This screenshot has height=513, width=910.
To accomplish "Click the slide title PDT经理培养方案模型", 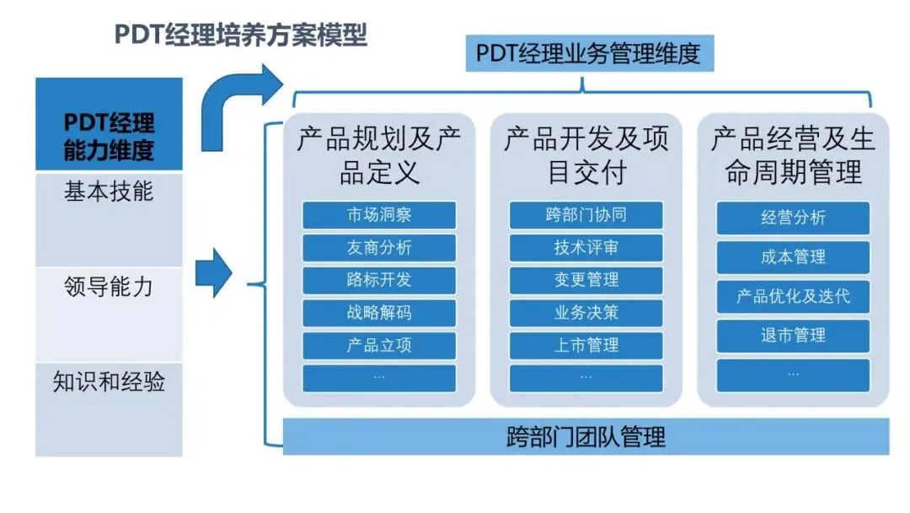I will pyautogui.click(x=241, y=36).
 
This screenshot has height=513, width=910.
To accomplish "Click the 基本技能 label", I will pyautogui.click(x=110, y=192).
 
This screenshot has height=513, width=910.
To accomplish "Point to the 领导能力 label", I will pyautogui.click(x=110, y=286).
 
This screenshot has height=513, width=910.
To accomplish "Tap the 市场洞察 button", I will pyautogui.click(x=379, y=215).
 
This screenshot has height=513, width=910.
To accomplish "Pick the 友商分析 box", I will pyautogui.click(x=379, y=247).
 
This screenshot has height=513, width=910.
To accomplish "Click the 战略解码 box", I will pyautogui.click(x=379, y=313).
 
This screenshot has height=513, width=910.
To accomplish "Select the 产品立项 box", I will pyautogui.click(x=379, y=345).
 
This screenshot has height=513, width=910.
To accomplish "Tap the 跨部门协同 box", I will pyautogui.click(x=586, y=215).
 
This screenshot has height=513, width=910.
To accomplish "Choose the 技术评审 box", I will pyautogui.click(x=586, y=247).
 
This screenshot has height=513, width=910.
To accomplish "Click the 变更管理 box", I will pyautogui.click(x=586, y=280).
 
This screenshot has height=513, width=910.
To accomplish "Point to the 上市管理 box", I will pyautogui.click(x=586, y=345).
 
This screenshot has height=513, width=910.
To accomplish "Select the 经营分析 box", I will pyautogui.click(x=793, y=218).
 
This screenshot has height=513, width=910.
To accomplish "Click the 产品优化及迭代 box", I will pyautogui.click(x=793, y=296).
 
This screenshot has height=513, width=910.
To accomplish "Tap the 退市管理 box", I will pyautogui.click(x=793, y=335).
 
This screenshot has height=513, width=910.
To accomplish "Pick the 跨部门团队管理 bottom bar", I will pyautogui.click(x=586, y=436).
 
